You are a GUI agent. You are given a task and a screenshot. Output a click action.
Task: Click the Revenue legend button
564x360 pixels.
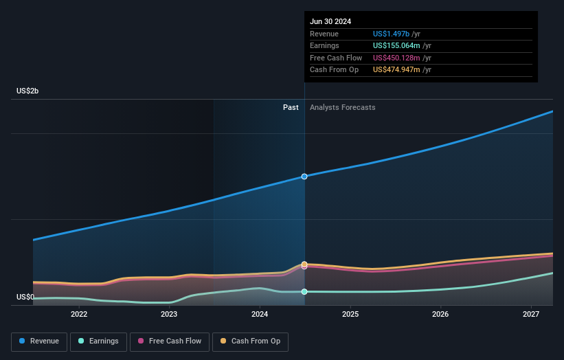click(x=39, y=341)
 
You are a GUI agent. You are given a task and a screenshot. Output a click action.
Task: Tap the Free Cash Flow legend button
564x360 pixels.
click(x=170, y=341)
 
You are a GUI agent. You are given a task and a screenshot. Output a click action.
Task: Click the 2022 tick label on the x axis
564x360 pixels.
click(x=79, y=315)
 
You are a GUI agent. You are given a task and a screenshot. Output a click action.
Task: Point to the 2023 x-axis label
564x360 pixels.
click(x=169, y=315)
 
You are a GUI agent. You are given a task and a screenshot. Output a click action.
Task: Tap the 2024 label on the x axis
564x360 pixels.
click(x=260, y=315)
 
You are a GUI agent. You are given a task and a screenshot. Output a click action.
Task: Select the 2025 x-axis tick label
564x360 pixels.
click(x=350, y=315)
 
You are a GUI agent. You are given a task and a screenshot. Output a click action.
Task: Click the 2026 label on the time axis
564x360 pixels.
click(x=440, y=315)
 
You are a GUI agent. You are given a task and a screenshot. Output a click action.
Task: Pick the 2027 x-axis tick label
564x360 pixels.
click(x=531, y=315)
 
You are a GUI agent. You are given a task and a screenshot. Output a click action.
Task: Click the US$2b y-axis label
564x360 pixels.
click(x=28, y=91)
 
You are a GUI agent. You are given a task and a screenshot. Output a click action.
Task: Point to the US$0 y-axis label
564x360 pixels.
click(x=25, y=297)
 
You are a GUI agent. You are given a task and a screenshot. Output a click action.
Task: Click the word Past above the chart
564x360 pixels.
click(x=291, y=107)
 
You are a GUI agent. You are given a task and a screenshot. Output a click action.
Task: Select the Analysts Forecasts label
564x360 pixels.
click(x=343, y=107)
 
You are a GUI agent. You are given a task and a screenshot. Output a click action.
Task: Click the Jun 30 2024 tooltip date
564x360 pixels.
click(x=330, y=21)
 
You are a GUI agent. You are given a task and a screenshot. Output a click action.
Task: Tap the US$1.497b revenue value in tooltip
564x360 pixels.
click(x=391, y=34)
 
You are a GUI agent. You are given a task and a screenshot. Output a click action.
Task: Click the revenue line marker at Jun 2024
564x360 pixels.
click(x=304, y=177)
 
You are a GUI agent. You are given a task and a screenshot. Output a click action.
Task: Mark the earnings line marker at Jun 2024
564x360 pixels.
click(x=304, y=291)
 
